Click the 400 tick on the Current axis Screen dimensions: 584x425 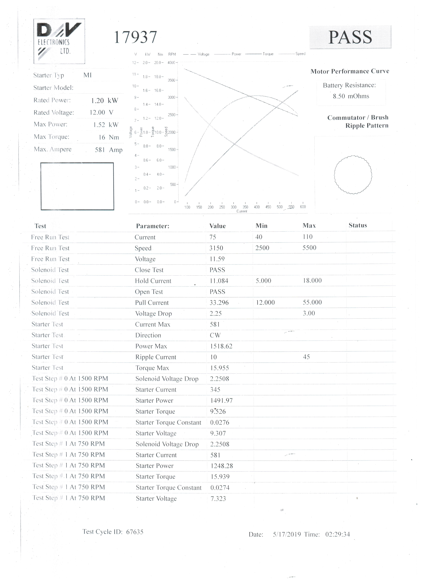tap(257, 207)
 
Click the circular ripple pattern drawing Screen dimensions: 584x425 tap(353, 175)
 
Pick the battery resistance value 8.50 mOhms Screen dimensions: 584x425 tap(351, 96)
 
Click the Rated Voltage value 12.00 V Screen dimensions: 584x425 tap(101, 113)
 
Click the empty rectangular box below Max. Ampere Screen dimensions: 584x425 tap(77, 186)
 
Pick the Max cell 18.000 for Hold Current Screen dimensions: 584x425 tap(312, 281)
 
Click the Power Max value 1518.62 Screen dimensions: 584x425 tap(221, 346)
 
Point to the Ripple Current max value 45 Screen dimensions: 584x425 tap(306, 357)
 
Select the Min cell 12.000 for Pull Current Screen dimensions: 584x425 tap(265, 303)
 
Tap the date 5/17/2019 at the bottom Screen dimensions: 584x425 tap(287, 534)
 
